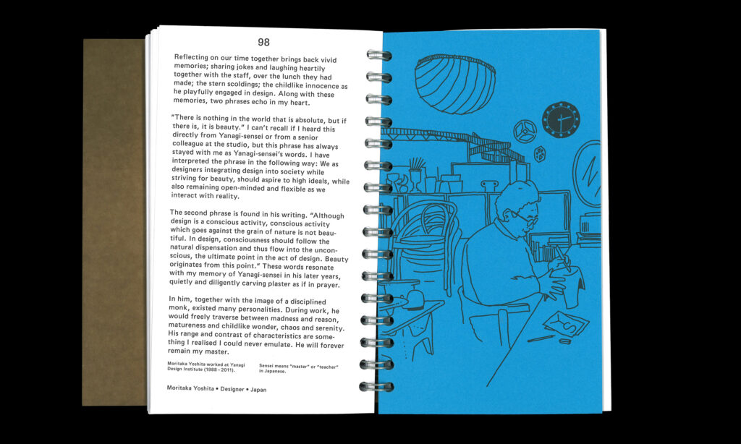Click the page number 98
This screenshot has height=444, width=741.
click(x=263, y=42)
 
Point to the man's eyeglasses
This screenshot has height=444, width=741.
click(x=524, y=218)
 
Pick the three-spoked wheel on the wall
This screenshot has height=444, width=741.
click(x=525, y=132)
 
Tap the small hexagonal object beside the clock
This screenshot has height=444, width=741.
click(x=539, y=154)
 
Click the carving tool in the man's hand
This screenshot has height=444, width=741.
click(x=562, y=258)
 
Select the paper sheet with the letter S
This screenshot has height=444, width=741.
click(x=566, y=323)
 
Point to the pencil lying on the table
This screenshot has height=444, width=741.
click(x=541, y=338)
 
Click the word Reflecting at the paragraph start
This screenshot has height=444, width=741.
click(x=191, y=57)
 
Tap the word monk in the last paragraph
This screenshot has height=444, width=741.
click(x=178, y=307)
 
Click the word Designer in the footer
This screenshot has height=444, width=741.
click(x=232, y=389)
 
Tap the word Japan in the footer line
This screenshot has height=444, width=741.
click(x=258, y=390)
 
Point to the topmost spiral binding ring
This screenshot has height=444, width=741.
click(x=379, y=55)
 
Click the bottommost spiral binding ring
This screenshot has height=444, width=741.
click(x=376, y=386)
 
